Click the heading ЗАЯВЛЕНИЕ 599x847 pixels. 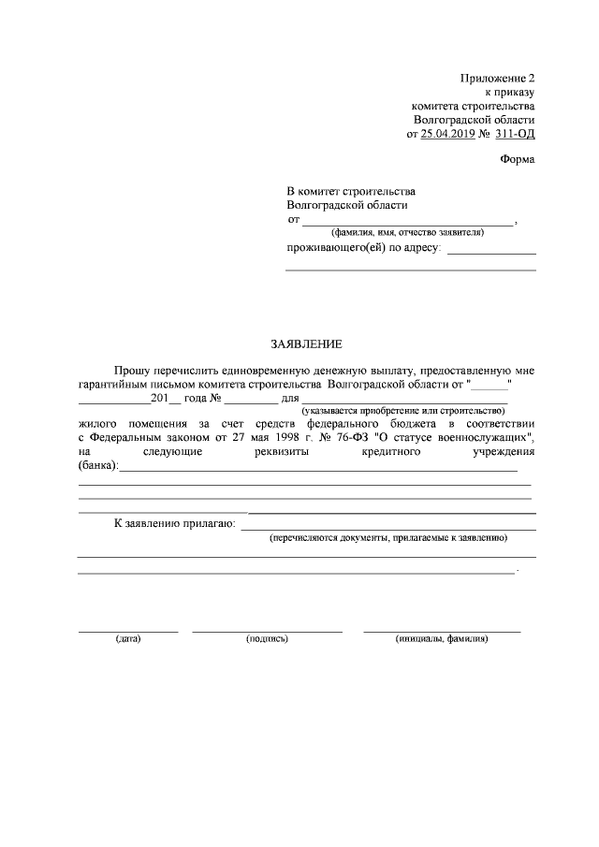point(300,344)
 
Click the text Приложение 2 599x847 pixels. point(498,78)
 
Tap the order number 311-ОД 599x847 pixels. point(514,134)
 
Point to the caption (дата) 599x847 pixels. point(127,639)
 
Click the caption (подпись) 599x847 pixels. point(267,639)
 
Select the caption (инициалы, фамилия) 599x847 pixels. point(442,639)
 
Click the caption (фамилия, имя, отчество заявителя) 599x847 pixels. point(407,231)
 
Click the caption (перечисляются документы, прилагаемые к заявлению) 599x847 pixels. point(387,539)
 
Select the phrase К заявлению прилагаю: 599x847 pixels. point(173,523)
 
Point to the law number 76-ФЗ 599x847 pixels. point(354,437)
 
